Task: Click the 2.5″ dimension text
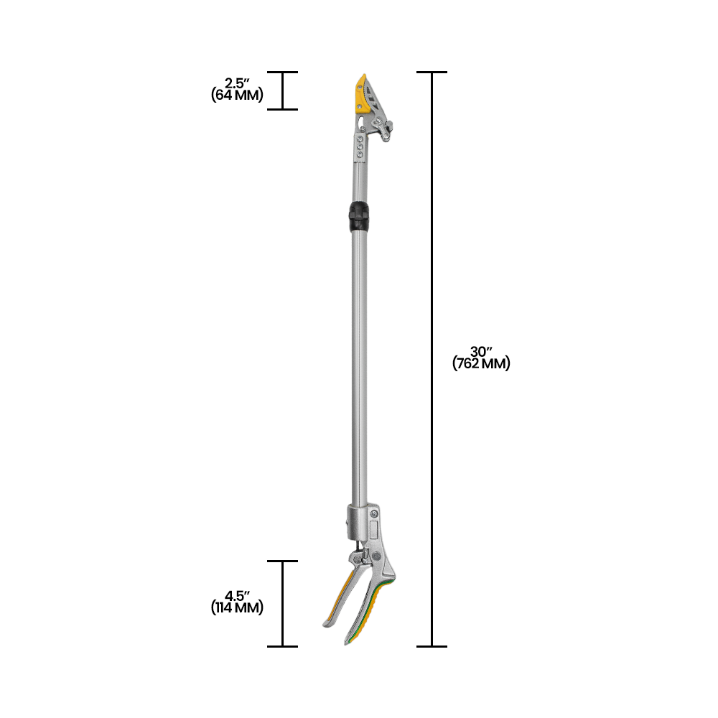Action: [x=237, y=83]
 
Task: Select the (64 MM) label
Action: [x=237, y=95]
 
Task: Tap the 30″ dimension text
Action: [x=481, y=352]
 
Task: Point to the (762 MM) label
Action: [x=481, y=364]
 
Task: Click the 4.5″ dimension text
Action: [x=237, y=596]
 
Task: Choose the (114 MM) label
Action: [x=237, y=608]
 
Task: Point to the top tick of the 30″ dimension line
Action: [x=432, y=73]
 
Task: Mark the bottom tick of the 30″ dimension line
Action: [x=432, y=646]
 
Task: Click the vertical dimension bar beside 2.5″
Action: [x=282, y=91]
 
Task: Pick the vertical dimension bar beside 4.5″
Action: [x=282, y=603]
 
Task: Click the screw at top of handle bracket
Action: [x=374, y=513]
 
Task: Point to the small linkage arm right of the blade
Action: [x=386, y=130]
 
